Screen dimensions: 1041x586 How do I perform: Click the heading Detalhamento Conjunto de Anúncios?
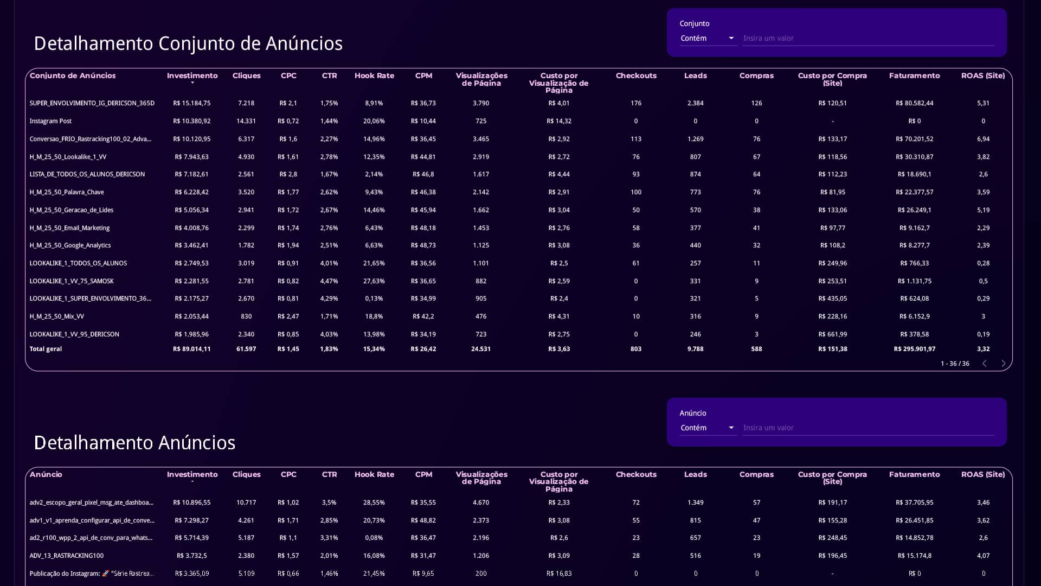(188, 43)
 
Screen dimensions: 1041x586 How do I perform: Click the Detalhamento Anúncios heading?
(134, 443)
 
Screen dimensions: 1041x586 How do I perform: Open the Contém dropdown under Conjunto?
(708, 38)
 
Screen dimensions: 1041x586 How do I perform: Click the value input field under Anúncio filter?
(868, 428)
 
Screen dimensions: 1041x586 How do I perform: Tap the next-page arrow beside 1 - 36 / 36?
(1003, 364)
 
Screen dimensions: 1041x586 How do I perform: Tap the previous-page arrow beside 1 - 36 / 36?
(985, 364)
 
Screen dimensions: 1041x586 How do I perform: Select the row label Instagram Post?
(50, 121)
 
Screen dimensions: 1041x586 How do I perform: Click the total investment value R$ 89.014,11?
(192, 349)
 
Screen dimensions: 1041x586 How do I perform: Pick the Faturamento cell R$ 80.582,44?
(915, 103)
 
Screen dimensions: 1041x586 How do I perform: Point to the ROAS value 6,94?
(983, 139)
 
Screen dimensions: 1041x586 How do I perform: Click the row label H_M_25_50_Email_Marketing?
(69, 228)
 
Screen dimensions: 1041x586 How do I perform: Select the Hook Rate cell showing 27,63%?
(374, 281)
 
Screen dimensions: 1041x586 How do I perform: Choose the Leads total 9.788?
(695, 349)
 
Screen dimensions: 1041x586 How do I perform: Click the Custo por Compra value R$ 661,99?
(833, 334)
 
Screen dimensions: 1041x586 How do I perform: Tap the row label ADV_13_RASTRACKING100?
(67, 556)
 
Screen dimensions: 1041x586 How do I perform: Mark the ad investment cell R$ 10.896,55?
(192, 502)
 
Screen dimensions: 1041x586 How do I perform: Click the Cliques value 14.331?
(246, 121)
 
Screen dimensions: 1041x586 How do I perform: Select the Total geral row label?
(46, 349)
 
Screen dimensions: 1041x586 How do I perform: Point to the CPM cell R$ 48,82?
(423, 520)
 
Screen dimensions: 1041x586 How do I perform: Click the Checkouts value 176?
(636, 103)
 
